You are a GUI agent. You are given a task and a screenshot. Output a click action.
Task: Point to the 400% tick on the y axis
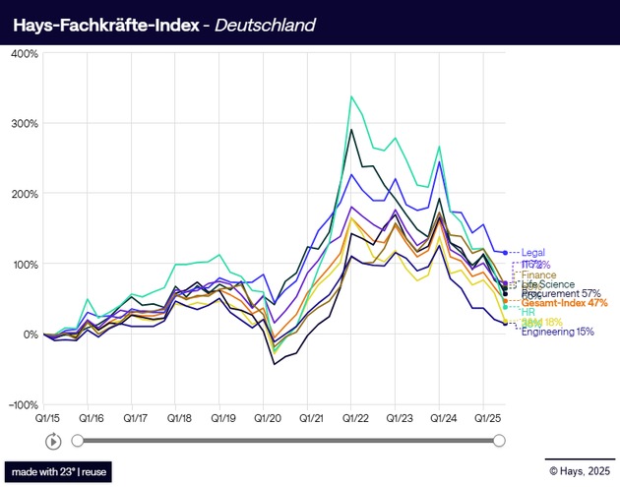[x=24, y=53]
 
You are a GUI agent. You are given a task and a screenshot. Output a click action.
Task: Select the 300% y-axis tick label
[x=24, y=124]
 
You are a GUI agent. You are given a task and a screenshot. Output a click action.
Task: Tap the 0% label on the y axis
[x=30, y=335]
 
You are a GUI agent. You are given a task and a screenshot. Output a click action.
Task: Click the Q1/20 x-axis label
[x=267, y=417]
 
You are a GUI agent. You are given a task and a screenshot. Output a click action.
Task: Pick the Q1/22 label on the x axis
[x=355, y=417]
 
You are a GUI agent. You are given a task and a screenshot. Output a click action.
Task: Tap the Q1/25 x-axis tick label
[x=488, y=417]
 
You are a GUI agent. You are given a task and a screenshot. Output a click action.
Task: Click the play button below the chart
[x=53, y=441]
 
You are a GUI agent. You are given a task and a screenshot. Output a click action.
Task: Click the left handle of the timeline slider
[x=78, y=441]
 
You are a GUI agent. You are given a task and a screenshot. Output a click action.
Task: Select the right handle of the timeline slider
[x=498, y=441]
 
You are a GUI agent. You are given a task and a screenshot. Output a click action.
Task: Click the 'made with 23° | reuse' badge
[x=58, y=472]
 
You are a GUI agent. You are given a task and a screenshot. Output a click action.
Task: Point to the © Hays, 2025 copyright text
[x=580, y=472]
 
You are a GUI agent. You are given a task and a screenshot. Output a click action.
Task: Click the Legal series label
[x=533, y=253]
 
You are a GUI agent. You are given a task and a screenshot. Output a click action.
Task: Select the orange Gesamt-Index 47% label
[x=564, y=303]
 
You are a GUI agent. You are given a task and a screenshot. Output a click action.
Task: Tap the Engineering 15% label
[x=557, y=332]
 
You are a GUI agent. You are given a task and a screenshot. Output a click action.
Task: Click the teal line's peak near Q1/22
[x=351, y=96]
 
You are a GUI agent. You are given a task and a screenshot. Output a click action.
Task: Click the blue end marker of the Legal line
[x=506, y=253]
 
